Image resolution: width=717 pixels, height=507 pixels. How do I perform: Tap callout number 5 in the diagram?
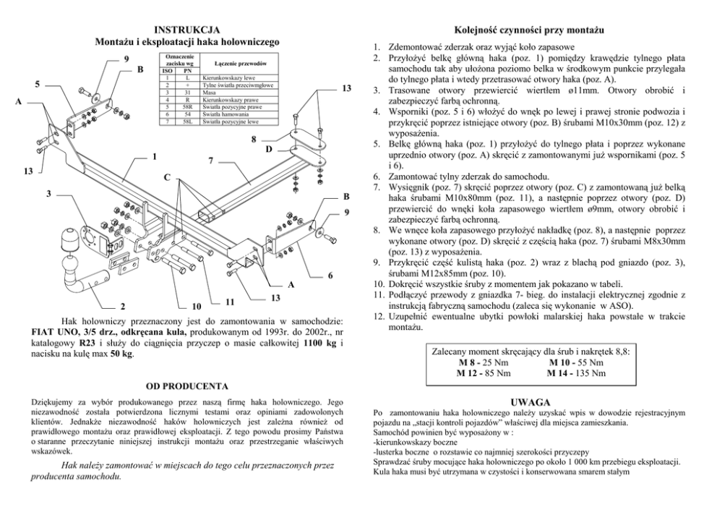[x=37, y=84]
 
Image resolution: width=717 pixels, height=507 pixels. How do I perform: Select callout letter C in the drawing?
[x=167, y=177]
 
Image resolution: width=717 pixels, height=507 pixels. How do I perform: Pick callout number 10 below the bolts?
[x=196, y=306]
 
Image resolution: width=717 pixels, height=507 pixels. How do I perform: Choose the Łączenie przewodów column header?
[x=231, y=64]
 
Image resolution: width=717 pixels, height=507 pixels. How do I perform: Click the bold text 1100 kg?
[x=321, y=342]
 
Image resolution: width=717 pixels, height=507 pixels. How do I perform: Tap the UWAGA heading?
[x=531, y=401]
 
